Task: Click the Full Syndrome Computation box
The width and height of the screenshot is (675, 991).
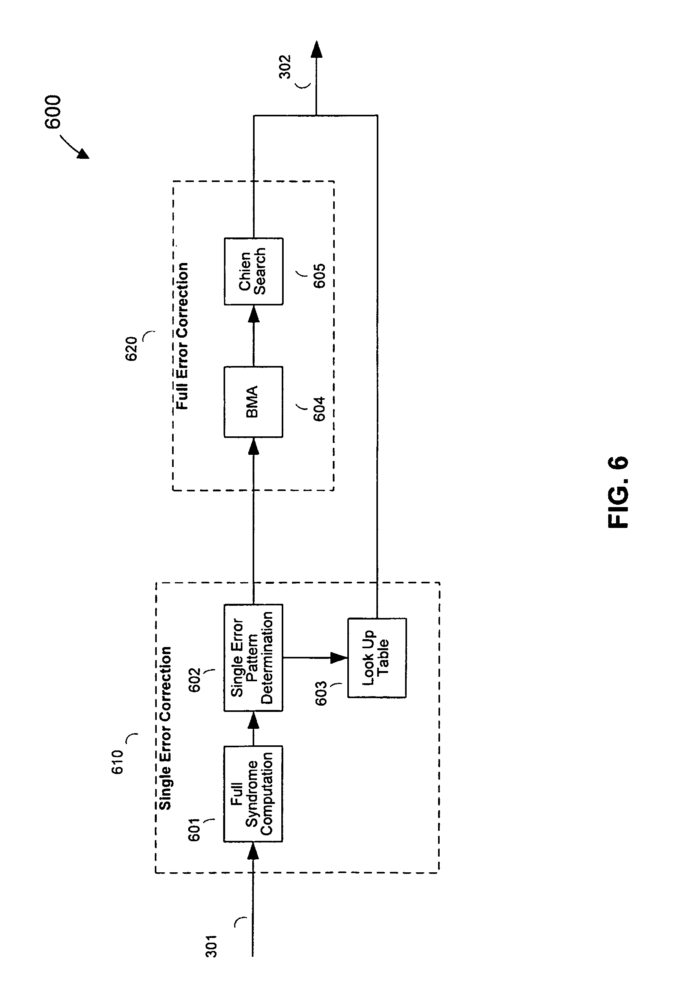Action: click(253, 794)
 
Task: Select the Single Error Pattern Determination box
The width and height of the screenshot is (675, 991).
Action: click(253, 658)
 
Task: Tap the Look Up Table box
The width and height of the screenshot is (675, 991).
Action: click(377, 658)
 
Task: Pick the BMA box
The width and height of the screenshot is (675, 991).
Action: click(253, 402)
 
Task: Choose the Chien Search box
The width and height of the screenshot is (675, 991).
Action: click(253, 271)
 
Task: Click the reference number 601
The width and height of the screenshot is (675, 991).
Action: click(194, 829)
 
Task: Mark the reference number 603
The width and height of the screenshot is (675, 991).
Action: click(321, 693)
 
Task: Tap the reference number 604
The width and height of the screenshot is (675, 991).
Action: click(319, 409)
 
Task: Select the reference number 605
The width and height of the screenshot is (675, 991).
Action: click(319, 276)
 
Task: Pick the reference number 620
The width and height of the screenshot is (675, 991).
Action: click(131, 349)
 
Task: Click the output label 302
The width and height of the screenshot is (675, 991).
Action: click(285, 67)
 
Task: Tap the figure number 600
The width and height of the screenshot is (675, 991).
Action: click(53, 112)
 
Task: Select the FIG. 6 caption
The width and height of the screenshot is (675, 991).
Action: click(618, 492)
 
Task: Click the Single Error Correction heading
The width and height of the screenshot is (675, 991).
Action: click(165, 728)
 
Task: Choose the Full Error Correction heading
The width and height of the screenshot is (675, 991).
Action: click(182, 336)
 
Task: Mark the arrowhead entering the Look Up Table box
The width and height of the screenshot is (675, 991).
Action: click(339, 658)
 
